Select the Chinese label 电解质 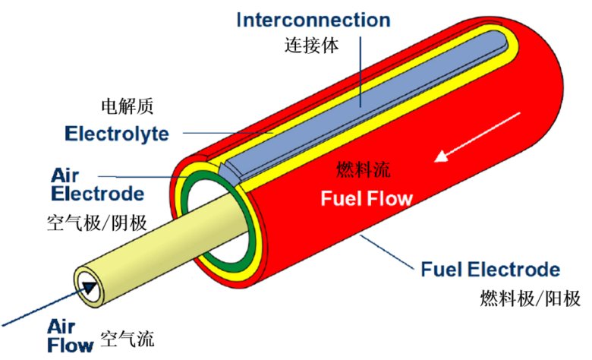[x=127, y=105]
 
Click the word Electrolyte [x=116, y=135]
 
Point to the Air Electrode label [x=98, y=183]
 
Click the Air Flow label [x=72, y=336]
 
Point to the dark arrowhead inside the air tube [x=92, y=287]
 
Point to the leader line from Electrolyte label [x=220, y=134]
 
